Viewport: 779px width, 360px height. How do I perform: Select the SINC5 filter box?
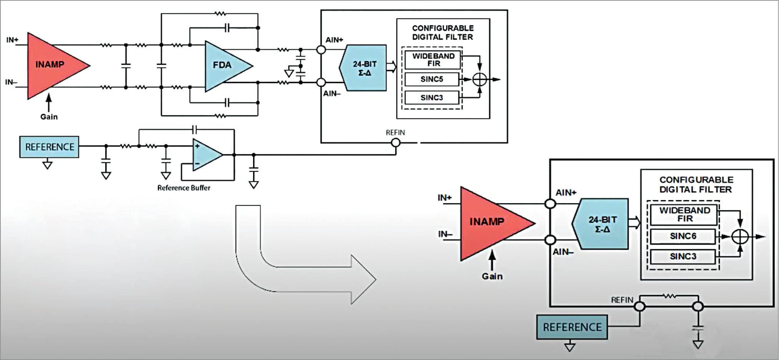click(432, 79)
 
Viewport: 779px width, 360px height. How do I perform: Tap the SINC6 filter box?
click(683, 236)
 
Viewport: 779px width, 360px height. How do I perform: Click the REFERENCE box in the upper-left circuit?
click(49, 147)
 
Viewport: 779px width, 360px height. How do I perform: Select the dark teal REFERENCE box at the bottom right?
click(572, 327)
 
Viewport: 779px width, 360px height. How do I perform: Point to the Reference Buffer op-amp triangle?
click(205, 155)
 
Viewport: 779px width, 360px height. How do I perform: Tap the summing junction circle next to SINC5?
click(479, 80)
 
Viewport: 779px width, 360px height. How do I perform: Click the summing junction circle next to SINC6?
click(740, 237)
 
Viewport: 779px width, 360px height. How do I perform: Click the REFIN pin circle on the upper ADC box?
click(395, 143)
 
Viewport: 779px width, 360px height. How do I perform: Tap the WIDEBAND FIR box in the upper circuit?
click(433, 60)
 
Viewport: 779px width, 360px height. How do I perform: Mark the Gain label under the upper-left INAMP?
click(49, 117)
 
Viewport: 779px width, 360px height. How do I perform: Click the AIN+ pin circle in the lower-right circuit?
click(551, 203)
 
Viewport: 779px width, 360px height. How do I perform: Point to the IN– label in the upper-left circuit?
click(11, 82)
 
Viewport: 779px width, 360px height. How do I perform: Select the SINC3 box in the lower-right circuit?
click(683, 257)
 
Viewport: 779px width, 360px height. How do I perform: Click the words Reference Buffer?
click(184, 188)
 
